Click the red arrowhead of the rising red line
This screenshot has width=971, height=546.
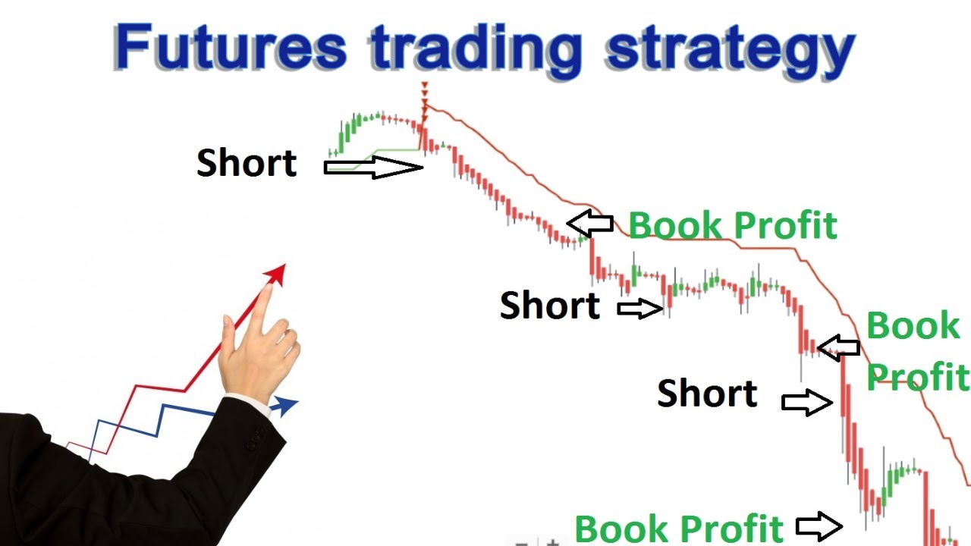point(277,274)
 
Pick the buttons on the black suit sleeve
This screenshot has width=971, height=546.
point(255,438)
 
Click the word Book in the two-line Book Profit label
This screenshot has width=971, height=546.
point(913,327)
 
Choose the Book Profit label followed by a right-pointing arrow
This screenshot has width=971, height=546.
point(678,528)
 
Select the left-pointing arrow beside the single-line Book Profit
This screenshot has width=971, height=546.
point(590,223)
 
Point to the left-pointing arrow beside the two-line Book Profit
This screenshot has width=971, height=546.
point(838,347)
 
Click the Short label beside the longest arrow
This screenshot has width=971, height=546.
point(247,163)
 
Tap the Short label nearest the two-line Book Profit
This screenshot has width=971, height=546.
point(707,394)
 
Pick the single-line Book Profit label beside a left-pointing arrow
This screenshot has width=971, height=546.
point(733,225)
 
